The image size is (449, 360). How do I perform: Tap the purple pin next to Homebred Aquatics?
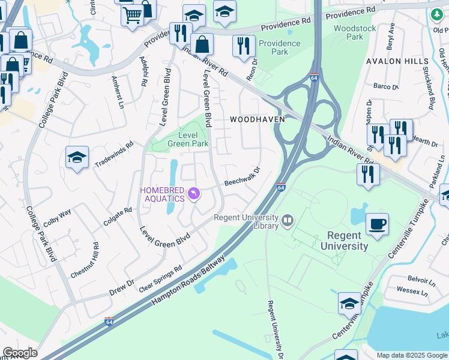(x=194, y=193)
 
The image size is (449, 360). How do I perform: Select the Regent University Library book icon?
(x=288, y=221)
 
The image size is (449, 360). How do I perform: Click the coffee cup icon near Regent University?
(x=376, y=224)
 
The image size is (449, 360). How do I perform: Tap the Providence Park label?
(x=279, y=47)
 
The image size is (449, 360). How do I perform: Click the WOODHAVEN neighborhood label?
(x=258, y=119)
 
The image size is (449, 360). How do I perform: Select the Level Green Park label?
(x=187, y=139)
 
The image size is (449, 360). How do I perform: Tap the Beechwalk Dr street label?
(x=242, y=176)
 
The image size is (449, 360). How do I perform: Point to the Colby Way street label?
(x=58, y=218)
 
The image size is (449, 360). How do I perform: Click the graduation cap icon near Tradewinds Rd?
(x=77, y=157)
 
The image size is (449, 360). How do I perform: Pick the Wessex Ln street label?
(x=416, y=292)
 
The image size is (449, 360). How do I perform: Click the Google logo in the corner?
(x=20, y=353)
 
